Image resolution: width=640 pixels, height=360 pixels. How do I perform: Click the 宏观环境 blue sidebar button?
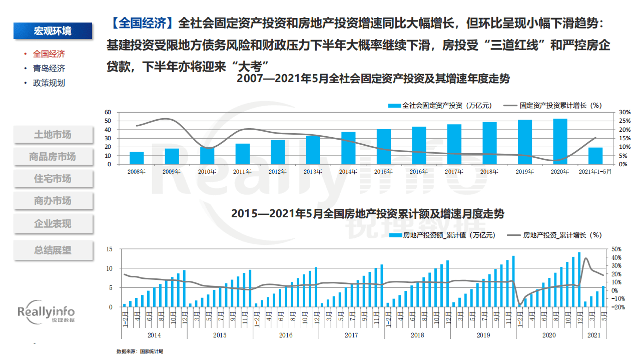(53, 31)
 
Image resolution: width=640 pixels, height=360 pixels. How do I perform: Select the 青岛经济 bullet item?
(49, 69)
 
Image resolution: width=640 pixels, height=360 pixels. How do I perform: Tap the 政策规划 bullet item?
(49, 83)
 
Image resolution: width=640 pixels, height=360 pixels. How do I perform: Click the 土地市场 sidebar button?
(53, 134)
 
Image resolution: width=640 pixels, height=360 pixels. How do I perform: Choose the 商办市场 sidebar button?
(53, 201)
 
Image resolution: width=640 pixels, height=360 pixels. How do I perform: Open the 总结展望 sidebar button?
(53, 250)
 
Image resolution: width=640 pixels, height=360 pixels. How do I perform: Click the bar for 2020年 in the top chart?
(560, 142)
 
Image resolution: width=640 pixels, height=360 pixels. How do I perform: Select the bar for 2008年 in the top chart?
(137, 158)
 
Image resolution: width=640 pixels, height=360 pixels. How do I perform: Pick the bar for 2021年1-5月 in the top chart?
(595, 156)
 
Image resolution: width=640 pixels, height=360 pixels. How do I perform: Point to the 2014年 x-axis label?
(348, 172)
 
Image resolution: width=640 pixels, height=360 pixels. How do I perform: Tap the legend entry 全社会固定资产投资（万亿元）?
(440, 106)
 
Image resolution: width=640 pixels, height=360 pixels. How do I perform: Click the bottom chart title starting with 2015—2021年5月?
(367, 214)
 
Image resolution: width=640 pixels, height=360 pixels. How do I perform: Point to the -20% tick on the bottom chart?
(616, 307)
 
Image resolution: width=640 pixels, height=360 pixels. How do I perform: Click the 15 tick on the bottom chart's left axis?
(109, 249)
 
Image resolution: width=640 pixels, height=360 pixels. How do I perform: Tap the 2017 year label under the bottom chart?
(351, 334)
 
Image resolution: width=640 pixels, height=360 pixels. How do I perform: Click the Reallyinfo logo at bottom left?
(46, 314)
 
